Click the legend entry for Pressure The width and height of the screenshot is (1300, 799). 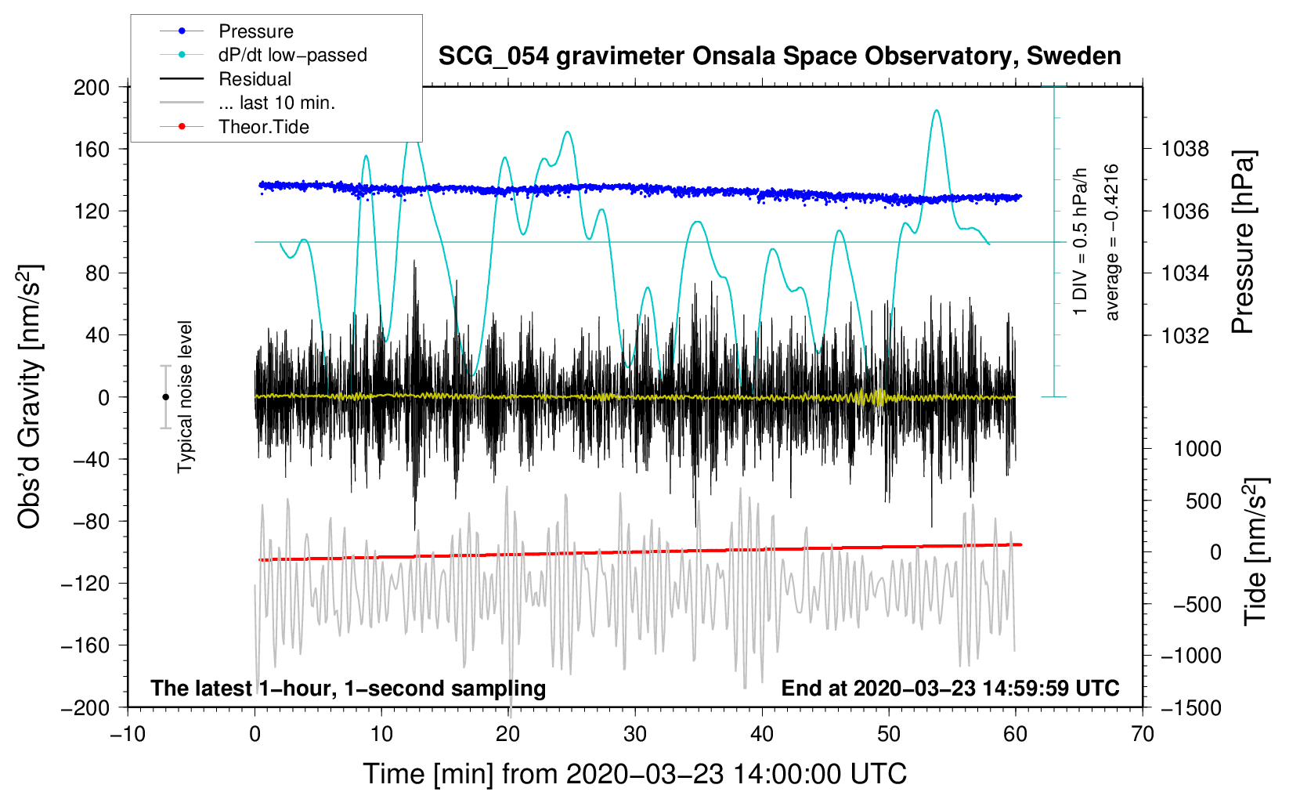(255, 31)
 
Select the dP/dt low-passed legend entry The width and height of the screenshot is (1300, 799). (292, 55)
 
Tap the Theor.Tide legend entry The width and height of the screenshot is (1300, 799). (263, 127)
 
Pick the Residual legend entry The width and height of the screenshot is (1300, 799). (255, 79)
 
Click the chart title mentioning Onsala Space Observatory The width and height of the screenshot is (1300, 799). (779, 56)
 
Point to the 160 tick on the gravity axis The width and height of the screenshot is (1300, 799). (92, 149)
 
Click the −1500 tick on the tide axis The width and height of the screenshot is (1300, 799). (1190, 707)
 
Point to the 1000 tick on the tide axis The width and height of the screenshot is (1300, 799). (1197, 449)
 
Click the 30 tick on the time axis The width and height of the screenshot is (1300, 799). (635, 734)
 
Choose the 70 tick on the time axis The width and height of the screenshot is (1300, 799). (1143, 734)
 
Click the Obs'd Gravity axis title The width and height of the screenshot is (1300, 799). (30, 397)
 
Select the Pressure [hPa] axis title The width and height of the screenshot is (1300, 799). (1243, 243)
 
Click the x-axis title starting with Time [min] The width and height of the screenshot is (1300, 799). (634, 774)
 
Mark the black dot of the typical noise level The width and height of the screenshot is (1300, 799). (165, 397)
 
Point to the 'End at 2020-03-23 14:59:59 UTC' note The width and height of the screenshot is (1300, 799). (950, 688)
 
